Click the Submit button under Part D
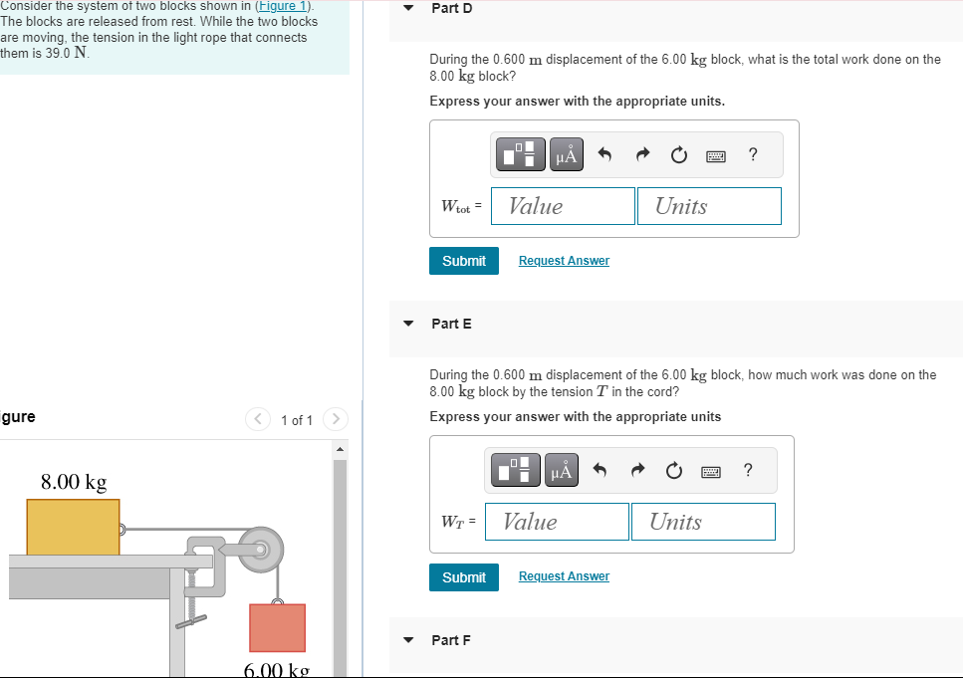(x=463, y=261)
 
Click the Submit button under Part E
(x=463, y=577)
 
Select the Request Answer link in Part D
(x=564, y=261)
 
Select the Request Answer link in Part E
(x=564, y=577)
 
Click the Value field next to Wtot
(x=563, y=206)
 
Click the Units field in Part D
(x=709, y=206)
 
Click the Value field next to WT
(x=557, y=522)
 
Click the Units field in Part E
(x=703, y=522)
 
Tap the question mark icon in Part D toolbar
(x=753, y=154)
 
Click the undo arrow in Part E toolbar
(x=600, y=471)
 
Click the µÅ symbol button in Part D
(x=566, y=154)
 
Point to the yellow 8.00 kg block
(x=73, y=527)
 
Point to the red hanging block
(x=277, y=628)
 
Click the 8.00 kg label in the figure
(x=74, y=483)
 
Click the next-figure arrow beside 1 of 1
(x=336, y=419)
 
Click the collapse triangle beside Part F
(x=408, y=640)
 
